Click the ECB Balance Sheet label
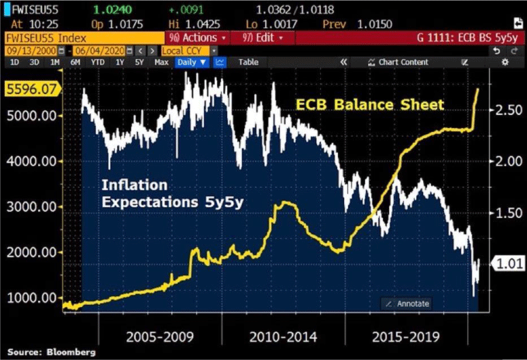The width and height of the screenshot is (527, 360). pos(369,105)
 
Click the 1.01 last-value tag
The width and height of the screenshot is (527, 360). pos(507,263)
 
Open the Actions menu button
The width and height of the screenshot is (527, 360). pos(193,38)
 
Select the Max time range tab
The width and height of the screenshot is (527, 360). pos(161,63)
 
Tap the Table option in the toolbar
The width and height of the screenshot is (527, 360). pos(248,63)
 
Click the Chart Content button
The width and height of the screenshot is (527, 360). pos(398,63)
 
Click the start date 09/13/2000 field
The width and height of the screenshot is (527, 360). pos(30,51)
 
